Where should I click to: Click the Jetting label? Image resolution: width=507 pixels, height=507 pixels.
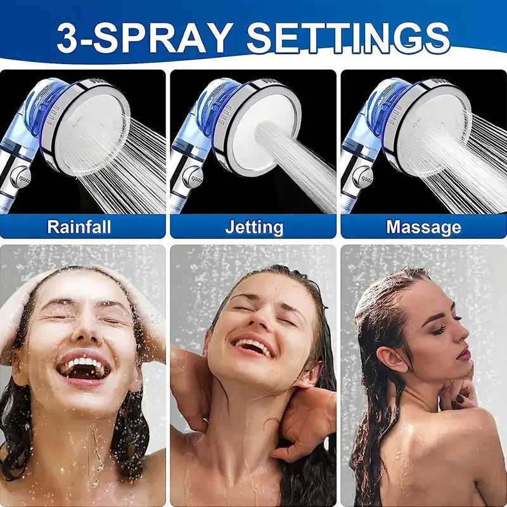click(x=253, y=226)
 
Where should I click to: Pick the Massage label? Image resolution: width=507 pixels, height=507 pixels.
click(x=423, y=226)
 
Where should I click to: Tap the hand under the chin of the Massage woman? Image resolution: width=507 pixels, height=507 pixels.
click(x=458, y=393)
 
